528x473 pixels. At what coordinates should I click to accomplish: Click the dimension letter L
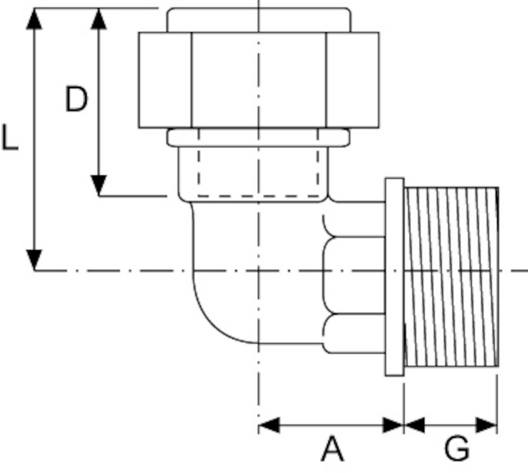[10, 138]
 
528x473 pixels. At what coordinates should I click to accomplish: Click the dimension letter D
[76, 99]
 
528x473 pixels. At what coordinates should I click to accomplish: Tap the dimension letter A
[333, 449]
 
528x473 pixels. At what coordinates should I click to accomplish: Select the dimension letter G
[457, 449]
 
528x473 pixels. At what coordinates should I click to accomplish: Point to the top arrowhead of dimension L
[34, 19]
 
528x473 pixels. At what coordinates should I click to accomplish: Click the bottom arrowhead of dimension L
[34, 260]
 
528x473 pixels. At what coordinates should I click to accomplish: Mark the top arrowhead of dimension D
[99, 19]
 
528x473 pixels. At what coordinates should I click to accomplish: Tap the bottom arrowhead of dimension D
[99, 185]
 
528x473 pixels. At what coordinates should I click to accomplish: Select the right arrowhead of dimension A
[393, 425]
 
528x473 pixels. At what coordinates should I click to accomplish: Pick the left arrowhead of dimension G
[414, 425]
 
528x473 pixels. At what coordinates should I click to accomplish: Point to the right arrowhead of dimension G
[486, 425]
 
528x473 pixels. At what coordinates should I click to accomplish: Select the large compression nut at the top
[258, 80]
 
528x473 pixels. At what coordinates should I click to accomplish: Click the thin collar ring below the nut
[258, 138]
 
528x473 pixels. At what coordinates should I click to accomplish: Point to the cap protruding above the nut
[258, 20]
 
